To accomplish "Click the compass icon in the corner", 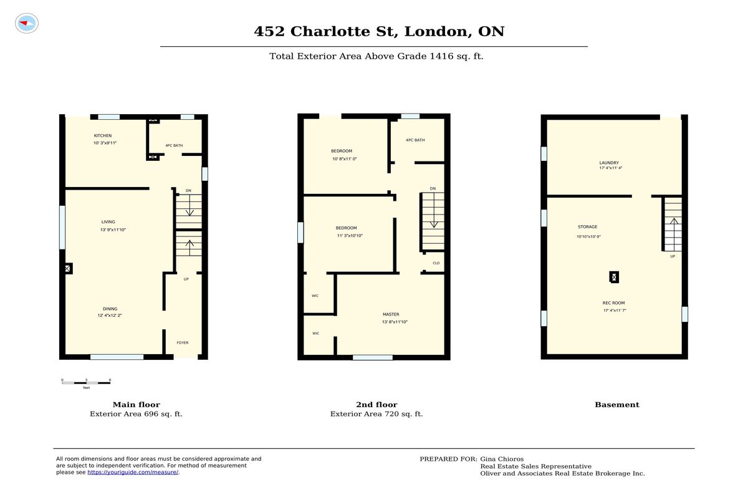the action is [27, 23].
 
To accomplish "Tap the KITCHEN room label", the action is [103, 135].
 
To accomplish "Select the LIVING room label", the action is [108, 222].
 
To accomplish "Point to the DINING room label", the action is [110, 309].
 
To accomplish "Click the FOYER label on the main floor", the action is [183, 343].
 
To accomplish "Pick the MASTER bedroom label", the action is [391, 314].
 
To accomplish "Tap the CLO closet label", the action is [436, 263].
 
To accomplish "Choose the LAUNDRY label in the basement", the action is [609, 163].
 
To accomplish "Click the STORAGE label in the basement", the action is [588, 227].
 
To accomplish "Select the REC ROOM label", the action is [614, 303].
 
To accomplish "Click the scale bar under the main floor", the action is [86, 383].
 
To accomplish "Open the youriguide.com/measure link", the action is [133, 472].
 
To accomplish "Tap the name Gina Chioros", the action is [502, 459].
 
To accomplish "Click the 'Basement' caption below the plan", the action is [617, 405].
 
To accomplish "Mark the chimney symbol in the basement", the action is [614, 278].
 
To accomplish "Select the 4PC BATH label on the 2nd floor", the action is [415, 140].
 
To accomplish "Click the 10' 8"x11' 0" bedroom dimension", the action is [345, 159].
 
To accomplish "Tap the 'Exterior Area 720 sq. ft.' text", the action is [376, 414].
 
